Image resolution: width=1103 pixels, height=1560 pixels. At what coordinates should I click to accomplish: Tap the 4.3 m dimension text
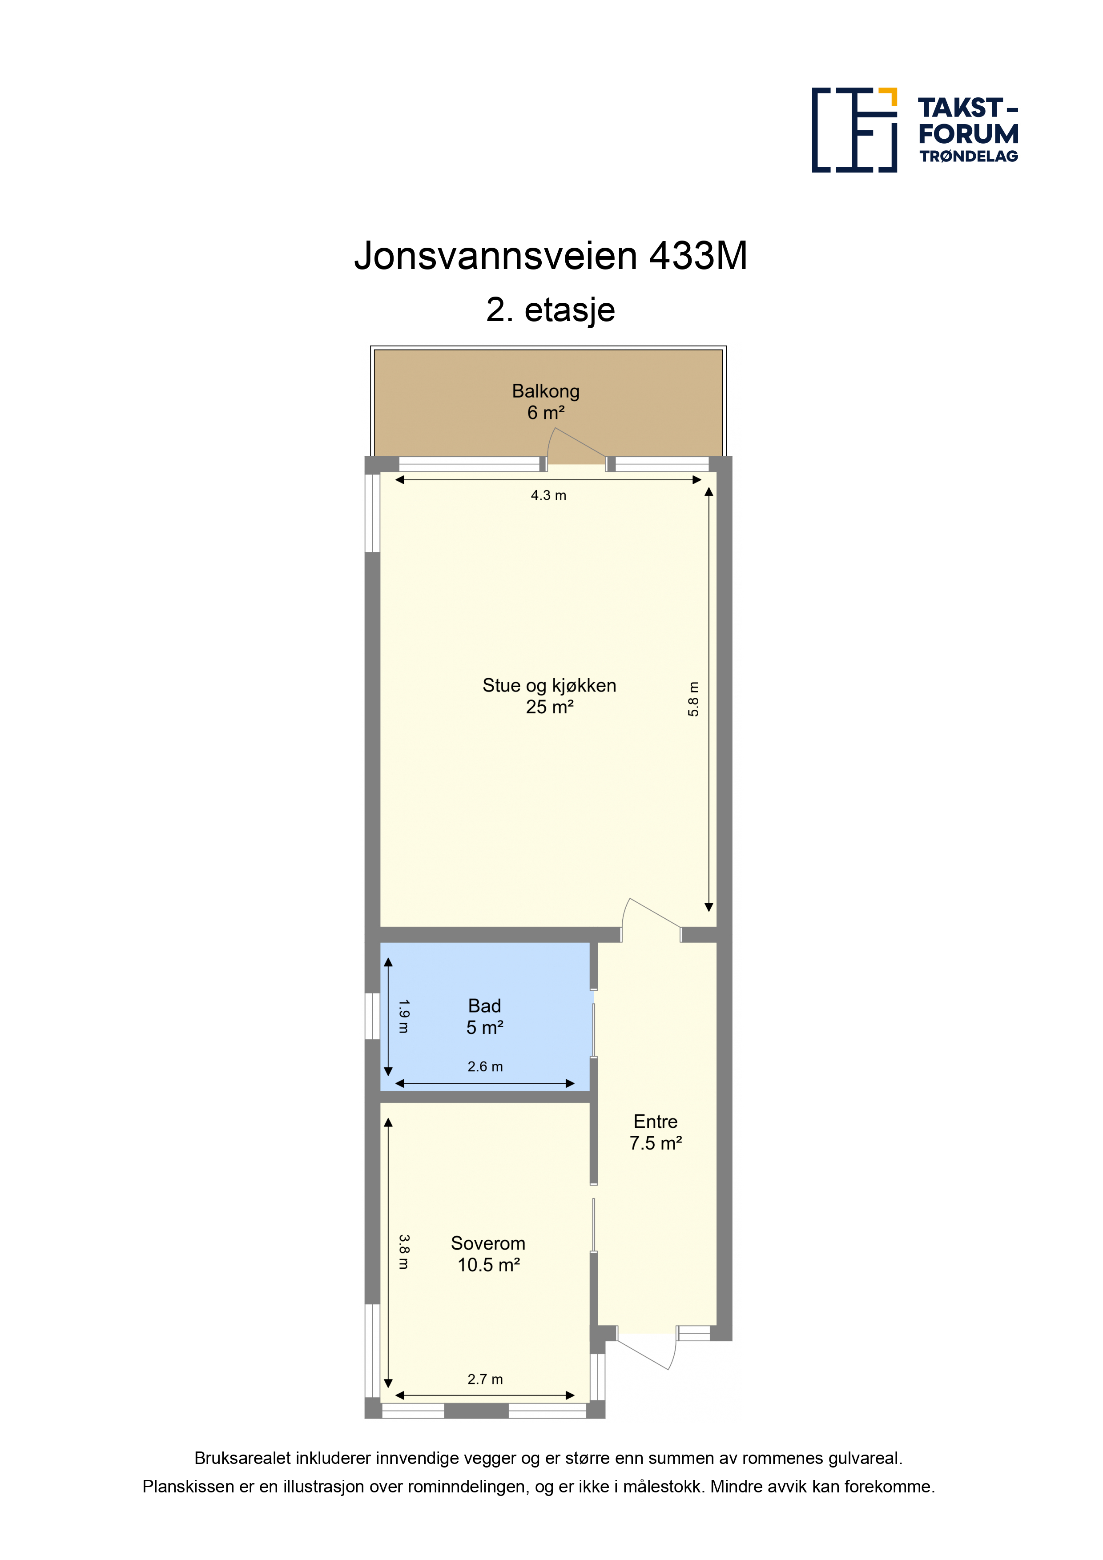pos(548,495)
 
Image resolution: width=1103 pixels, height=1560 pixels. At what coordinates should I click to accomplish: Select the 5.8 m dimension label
pos(693,699)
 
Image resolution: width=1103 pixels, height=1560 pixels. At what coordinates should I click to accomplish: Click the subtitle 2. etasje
pos(551,310)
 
